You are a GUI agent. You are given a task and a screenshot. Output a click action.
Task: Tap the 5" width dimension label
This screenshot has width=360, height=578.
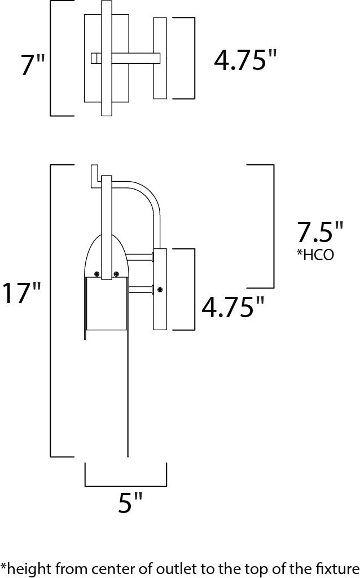130,502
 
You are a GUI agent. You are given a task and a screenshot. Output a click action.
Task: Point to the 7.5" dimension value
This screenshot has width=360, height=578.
320,233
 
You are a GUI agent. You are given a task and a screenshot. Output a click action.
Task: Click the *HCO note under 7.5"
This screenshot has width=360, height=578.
315,255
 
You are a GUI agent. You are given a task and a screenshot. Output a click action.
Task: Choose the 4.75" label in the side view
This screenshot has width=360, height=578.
233,308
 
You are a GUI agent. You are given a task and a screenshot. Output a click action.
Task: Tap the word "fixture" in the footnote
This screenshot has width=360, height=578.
339,567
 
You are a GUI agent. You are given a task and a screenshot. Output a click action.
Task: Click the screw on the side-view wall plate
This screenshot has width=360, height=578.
160,290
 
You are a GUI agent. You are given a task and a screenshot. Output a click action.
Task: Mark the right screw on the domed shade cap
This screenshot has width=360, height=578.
116,273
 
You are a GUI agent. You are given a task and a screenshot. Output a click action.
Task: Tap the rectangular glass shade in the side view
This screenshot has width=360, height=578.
106,305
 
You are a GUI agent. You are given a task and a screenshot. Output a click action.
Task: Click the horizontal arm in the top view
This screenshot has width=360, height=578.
135,58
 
